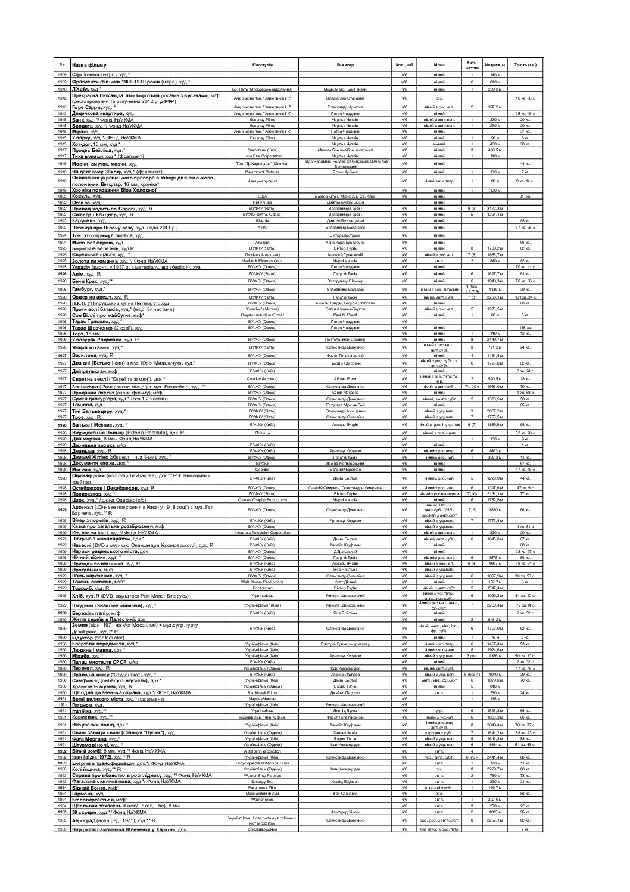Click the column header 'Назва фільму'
pos(89,64)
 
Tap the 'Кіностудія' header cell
pos(263,64)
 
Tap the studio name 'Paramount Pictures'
pos(263,171)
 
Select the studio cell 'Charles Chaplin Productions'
pos(263,499)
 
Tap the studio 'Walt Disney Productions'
pos(263,582)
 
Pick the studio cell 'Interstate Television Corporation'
pos(263,532)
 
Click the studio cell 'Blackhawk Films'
pos(263,693)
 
